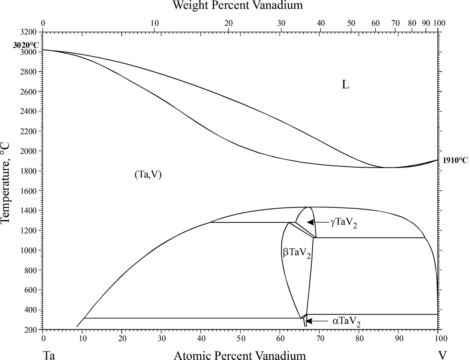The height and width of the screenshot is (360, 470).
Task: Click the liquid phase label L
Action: tap(345, 85)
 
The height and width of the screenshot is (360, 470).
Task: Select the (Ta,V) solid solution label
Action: tap(148, 175)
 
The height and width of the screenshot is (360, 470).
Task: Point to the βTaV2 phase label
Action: tap(297, 253)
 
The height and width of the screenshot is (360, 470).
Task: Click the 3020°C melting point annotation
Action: tap(26, 45)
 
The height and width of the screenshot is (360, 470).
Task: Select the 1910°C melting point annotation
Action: tap(455, 161)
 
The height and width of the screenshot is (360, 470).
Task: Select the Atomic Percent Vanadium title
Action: tap(240, 355)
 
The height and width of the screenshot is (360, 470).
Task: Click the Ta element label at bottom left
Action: tap(49, 355)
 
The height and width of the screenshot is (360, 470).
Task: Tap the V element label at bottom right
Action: tap(442, 355)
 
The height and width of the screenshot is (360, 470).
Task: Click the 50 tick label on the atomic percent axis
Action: tap(240, 339)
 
